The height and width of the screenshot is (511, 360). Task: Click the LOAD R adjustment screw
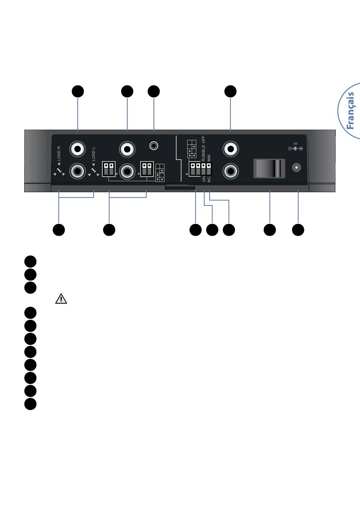click(59, 170)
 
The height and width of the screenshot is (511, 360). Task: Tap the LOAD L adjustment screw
click(94, 170)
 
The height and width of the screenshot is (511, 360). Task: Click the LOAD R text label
click(59, 154)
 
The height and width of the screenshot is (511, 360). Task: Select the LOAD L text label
click(94, 154)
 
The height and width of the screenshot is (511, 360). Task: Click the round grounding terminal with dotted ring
click(154, 146)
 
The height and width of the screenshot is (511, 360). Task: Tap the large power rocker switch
click(269, 168)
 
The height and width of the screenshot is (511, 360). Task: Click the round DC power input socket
click(296, 168)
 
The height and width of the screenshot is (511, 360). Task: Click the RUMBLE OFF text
click(203, 148)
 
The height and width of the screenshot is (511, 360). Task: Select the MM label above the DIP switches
click(209, 158)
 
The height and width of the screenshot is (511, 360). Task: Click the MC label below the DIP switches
click(209, 179)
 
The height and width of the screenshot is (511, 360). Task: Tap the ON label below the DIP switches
click(204, 179)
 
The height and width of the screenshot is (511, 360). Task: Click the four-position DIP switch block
click(200, 169)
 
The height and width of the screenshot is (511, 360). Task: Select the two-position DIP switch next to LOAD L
click(109, 169)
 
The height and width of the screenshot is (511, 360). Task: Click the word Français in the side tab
click(351, 110)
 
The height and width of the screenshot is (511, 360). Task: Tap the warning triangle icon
click(61, 299)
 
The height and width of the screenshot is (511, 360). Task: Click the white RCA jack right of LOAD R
click(78, 149)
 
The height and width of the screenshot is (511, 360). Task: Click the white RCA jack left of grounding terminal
click(127, 149)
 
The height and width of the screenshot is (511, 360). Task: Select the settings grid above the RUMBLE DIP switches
click(192, 149)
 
